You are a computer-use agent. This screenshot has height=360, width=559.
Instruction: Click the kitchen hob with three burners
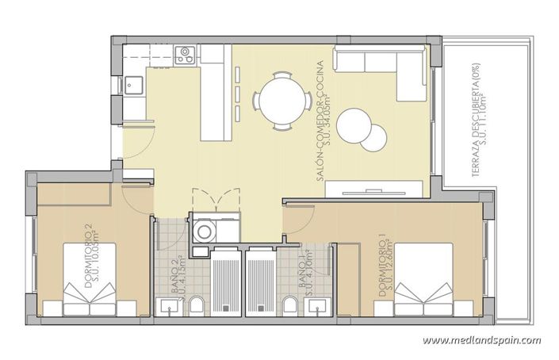[186, 55]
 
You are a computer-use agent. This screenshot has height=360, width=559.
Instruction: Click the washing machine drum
[205, 232]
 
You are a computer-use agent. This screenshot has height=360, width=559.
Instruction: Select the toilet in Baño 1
[290, 306]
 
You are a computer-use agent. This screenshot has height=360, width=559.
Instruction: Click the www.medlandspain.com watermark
[481, 341]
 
